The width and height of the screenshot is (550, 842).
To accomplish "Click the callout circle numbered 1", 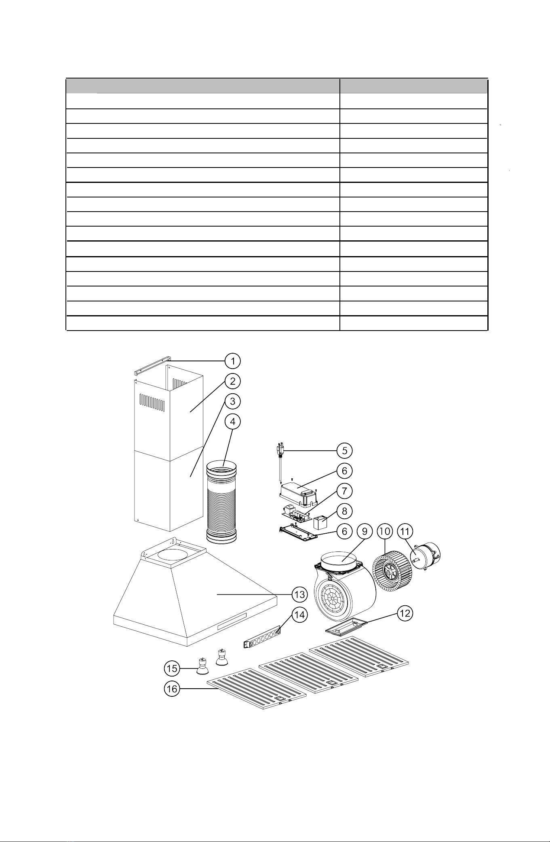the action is pos(233,361).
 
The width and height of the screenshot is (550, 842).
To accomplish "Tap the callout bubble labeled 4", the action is pos(233,421).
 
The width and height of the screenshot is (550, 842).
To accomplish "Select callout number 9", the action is pos(365,531).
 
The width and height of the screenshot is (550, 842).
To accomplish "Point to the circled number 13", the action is pos(300,594).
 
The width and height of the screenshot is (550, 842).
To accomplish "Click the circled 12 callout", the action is pos(405,613).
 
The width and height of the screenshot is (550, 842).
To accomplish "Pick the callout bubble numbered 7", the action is pos(344,491).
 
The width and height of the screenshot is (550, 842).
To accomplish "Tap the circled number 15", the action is pos(172,668).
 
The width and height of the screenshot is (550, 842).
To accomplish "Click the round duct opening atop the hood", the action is pos(175,555).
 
